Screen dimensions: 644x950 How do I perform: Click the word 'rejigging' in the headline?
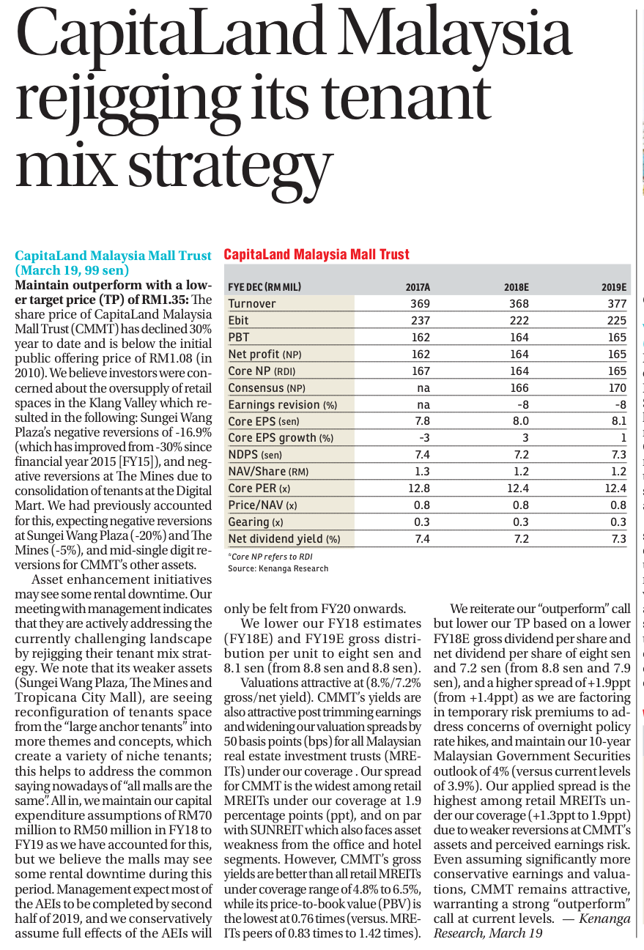click(128, 102)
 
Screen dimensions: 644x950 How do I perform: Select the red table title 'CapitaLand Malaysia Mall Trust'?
click(317, 254)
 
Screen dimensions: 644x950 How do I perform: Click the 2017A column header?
click(418, 287)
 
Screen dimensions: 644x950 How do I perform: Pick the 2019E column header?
click(614, 287)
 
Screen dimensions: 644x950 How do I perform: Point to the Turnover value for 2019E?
click(617, 304)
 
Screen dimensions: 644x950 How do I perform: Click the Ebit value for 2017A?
click(421, 320)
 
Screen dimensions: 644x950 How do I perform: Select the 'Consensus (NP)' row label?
click(267, 387)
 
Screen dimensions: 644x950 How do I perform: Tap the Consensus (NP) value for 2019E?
click(618, 387)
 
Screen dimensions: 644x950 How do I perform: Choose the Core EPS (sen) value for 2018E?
click(520, 421)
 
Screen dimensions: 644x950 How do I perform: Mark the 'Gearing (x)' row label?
click(256, 522)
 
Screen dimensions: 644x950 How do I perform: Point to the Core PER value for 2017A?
click(419, 488)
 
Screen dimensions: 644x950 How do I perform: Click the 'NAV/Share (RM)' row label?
click(268, 472)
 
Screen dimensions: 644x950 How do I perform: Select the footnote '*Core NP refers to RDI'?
click(270, 557)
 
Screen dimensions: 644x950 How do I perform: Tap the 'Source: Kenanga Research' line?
click(278, 568)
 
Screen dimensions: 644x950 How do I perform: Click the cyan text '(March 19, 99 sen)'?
click(72, 270)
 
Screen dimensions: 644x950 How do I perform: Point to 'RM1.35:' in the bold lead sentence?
click(165, 300)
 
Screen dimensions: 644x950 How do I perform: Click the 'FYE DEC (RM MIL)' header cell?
click(264, 287)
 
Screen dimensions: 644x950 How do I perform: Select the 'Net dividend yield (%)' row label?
click(284, 538)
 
